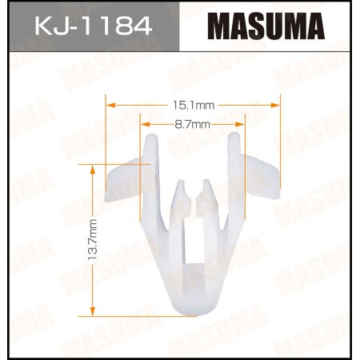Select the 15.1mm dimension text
tap(194, 104)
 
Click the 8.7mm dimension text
tap(193, 125)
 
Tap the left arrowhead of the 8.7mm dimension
tap(143, 125)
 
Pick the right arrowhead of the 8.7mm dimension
tap(241, 125)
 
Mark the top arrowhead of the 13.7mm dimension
tap(93, 167)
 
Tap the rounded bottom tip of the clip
tap(193, 308)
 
